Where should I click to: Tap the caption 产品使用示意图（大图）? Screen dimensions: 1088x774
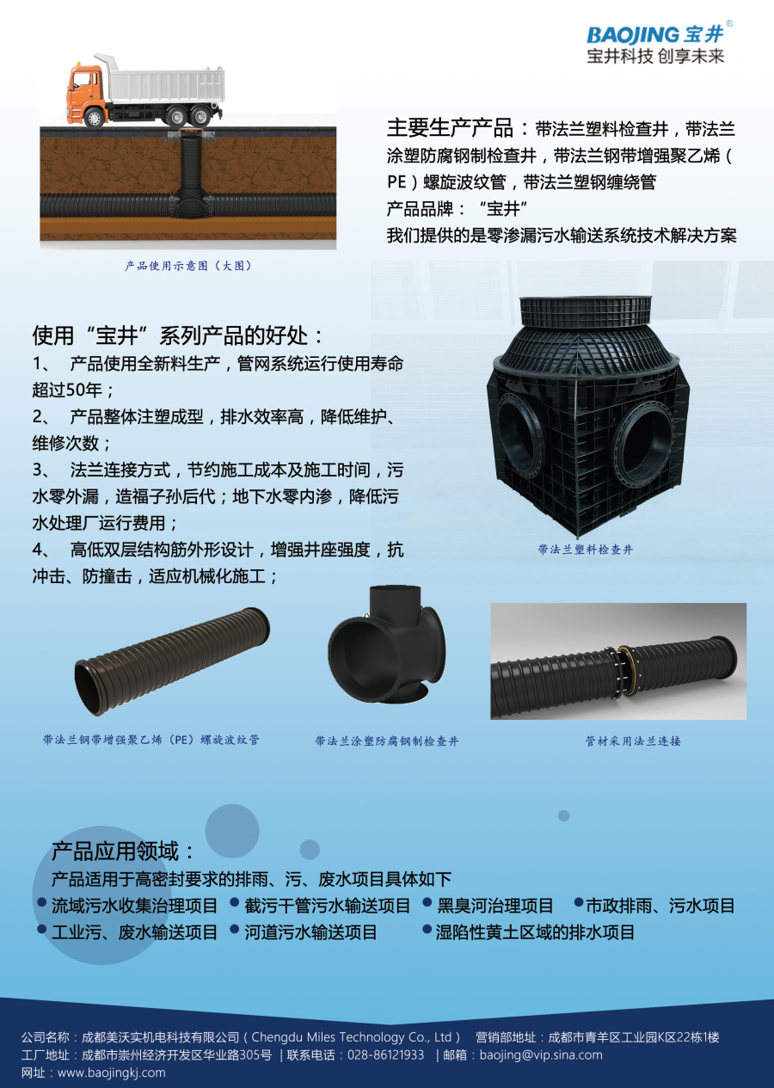pyautogui.click(x=188, y=266)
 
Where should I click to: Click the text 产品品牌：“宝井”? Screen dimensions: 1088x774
pyautogui.click(x=456, y=209)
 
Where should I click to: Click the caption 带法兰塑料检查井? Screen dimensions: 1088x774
pyautogui.click(x=586, y=549)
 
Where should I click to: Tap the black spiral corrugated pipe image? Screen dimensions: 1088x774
pyautogui.click(x=172, y=661)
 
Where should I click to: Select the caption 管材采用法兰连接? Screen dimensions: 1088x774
pyautogui.click(x=633, y=740)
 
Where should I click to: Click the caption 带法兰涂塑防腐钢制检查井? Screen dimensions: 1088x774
pyautogui.click(x=387, y=741)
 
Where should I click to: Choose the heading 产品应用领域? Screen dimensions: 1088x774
pyautogui.click(x=124, y=851)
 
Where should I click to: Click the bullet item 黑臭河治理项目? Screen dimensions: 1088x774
pyautogui.click(x=495, y=906)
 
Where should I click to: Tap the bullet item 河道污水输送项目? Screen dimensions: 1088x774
pyautogui.click(x=310, y=931)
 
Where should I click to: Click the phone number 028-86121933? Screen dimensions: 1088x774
pyautogui.click(x=386, y=1054)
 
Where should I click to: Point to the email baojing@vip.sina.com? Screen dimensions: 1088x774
pyautogui.click(x=541, y=1054)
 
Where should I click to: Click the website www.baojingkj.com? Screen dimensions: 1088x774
pyautogui.click(x=111, y=1073)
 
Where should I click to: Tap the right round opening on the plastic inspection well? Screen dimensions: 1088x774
pyautogui.click(x=645, y=433)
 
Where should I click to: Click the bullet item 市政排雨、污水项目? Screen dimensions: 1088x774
pyautogui.click(x=660, y=906)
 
